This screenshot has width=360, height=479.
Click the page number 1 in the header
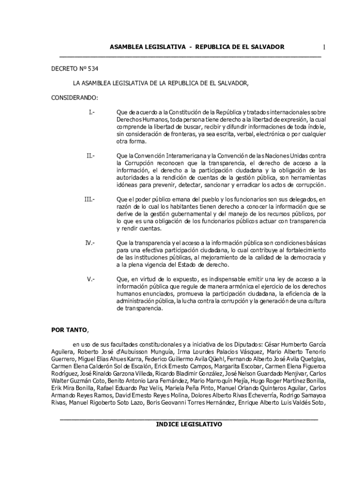click(324, 47)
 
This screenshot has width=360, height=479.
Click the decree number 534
click(93, 68)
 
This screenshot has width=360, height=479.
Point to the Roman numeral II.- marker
click(91, 155)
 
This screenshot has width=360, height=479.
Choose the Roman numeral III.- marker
click(89, 199)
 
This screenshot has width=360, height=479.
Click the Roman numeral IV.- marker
click(90, 243)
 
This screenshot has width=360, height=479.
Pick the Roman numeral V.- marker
click(91, 279)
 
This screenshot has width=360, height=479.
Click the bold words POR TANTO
click(69, 330)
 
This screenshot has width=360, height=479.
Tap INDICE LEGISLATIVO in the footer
click(189, 424)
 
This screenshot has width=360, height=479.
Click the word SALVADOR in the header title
click(267, 47)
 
